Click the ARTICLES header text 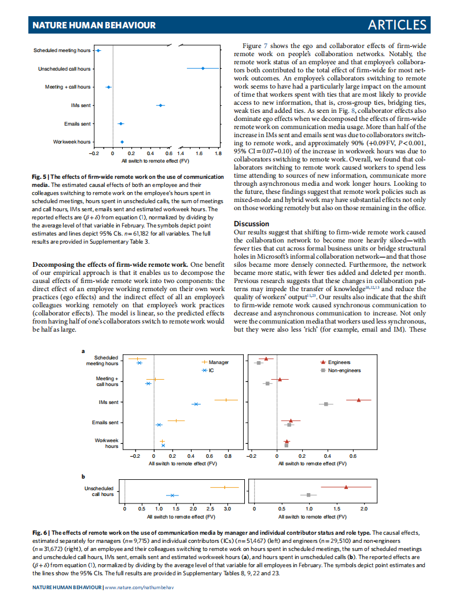click(397, 25)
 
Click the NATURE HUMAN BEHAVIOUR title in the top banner click(94, 25)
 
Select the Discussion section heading click(251, 223)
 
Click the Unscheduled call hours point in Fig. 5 click(203, 68)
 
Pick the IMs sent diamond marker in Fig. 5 click(160, 105)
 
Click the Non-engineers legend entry click(344, 370)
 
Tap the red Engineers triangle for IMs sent click(359, 400)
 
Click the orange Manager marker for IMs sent click(226, 400)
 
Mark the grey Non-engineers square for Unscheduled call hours click(309, 495)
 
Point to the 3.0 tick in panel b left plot click(227, 509)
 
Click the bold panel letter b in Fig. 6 click(83, 476)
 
